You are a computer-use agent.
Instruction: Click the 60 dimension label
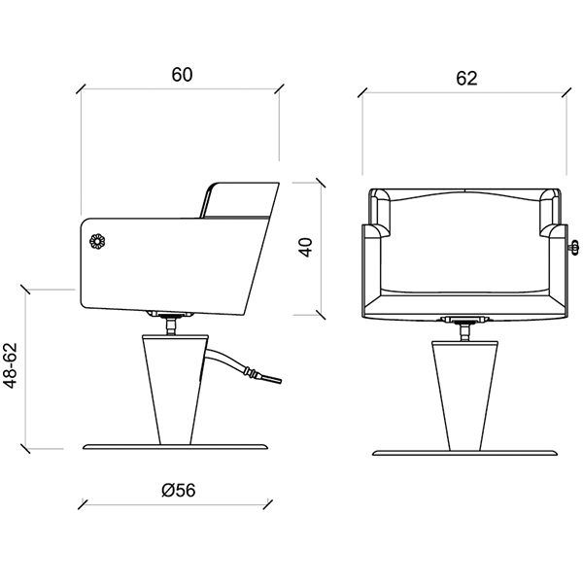coord(183,75)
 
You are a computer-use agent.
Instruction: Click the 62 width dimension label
coord(466,79)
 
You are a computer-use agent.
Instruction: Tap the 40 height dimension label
coord(306,247)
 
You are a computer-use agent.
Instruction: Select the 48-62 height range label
coord(10,365)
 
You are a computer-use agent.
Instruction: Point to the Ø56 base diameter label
coord(179,490)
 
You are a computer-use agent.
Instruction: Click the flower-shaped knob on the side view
coord(97,241)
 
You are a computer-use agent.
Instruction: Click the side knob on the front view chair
coord(573,247)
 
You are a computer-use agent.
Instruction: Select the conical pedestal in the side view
coord(175,390)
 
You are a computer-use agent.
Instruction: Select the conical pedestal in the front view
coord(464,395)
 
